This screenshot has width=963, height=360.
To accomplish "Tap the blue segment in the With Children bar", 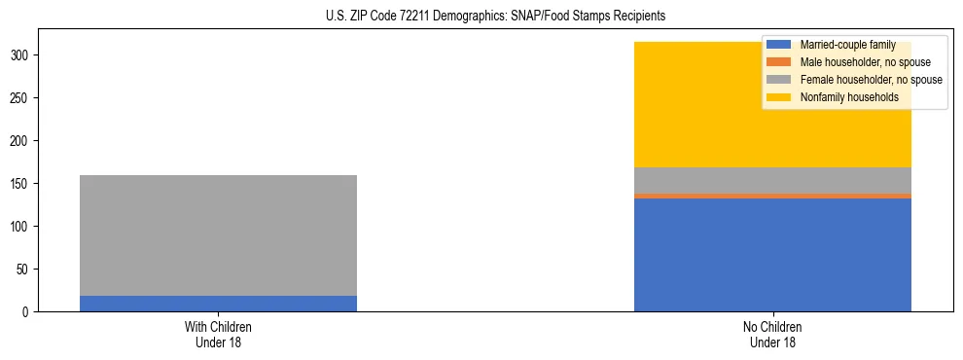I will (218, 304).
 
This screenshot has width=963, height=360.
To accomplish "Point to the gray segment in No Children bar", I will (772, 180).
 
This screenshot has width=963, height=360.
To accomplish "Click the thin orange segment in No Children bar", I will (772, 196).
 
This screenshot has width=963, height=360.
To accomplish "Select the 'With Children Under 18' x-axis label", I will (218, 334).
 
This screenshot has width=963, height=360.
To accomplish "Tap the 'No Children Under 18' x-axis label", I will (772, 334).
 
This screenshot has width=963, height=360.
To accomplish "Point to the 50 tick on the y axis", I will (23, 270).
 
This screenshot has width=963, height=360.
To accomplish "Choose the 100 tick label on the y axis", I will (20, 227).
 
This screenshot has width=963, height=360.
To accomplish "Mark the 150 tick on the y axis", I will (20, 184).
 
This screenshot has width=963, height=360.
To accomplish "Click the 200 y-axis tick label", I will (20, 141).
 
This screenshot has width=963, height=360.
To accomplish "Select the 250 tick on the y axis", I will (20, 98).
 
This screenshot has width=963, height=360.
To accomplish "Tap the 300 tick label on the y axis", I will (20, 55).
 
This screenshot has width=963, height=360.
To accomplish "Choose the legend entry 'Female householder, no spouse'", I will (871, 80).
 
